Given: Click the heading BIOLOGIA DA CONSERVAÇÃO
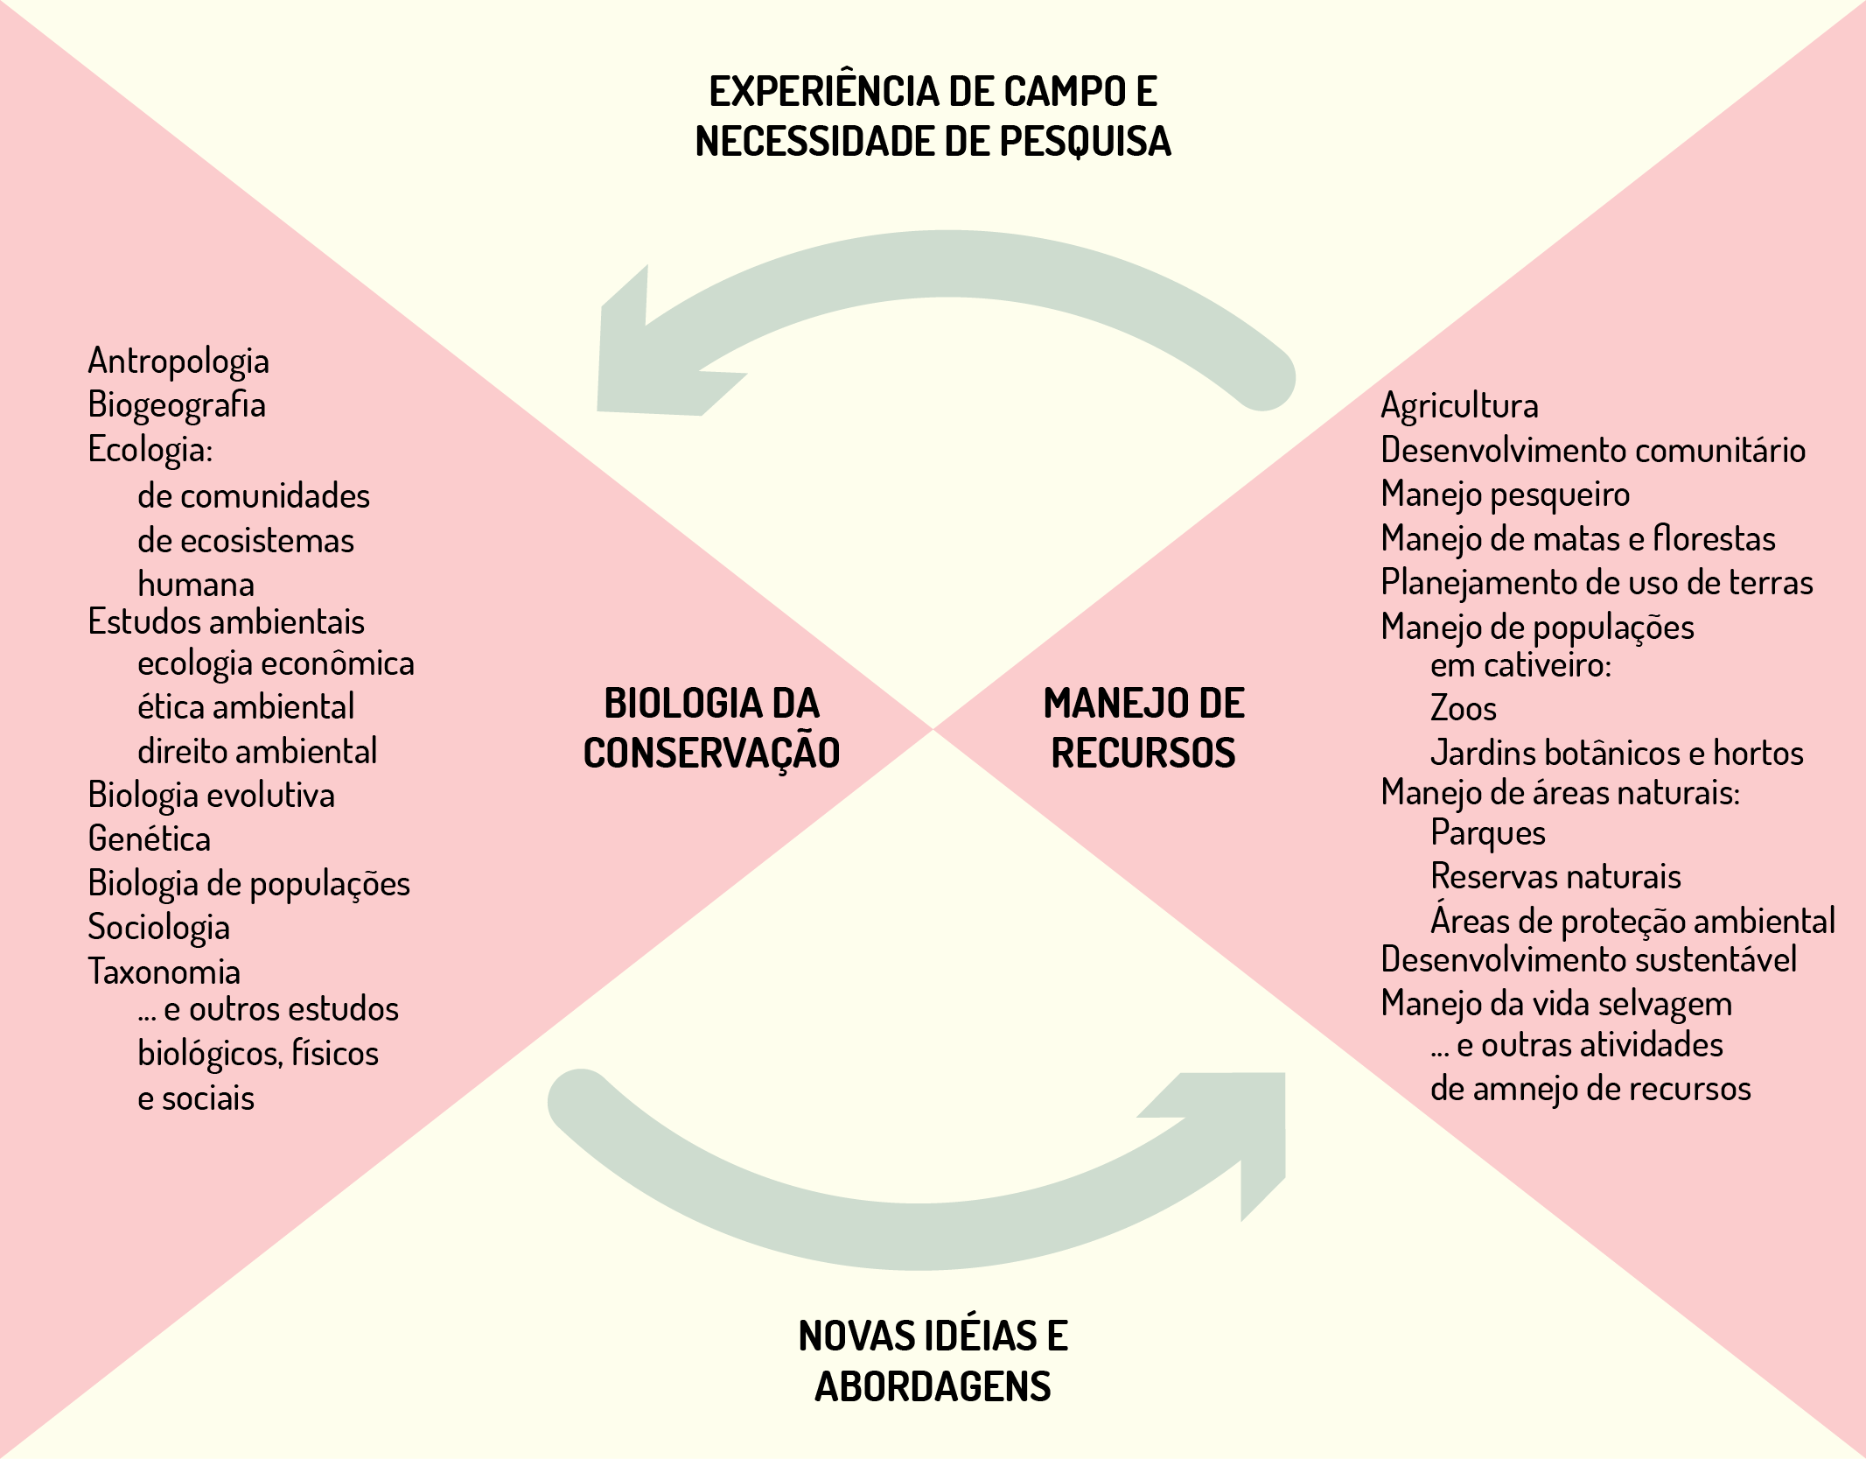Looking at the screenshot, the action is (711, 728).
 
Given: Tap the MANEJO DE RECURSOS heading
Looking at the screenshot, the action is (1143, 728).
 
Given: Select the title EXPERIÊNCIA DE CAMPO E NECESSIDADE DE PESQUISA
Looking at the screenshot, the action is (933, 116).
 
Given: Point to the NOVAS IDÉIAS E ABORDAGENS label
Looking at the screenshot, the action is (933, 1361).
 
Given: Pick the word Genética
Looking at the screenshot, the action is (150, 838).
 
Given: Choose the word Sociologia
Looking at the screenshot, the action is (159, 928).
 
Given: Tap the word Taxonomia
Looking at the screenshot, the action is (164, 971).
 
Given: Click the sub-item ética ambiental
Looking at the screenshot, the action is (246, 706).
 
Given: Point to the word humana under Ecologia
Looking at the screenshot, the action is (196, 584).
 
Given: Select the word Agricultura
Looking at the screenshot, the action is (1459, 406).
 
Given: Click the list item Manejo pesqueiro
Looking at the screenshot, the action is (1506, 495).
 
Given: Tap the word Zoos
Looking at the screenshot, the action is (1464, 708).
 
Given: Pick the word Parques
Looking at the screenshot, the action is (1488, 833).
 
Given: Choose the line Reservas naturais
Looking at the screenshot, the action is (1556, 876).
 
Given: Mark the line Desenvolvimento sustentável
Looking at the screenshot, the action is (1589, 959).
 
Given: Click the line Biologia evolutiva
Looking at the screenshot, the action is (212, 795).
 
